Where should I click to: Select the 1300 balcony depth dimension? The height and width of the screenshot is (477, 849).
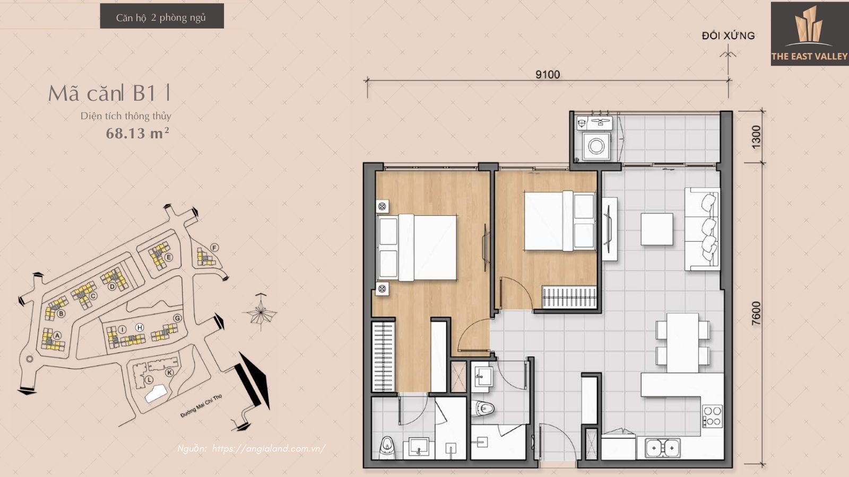point(756,137)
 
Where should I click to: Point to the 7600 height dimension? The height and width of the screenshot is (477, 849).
point(756,313)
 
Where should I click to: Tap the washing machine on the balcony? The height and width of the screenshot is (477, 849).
point(596,146)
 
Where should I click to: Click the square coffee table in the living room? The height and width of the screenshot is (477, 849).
point(657,229)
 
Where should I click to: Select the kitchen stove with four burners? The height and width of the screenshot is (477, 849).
point(712,416)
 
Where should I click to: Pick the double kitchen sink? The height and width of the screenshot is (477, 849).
point(663,448)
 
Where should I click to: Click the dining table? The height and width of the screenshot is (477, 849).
point(682,343)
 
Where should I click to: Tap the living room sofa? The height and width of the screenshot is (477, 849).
point(703,229)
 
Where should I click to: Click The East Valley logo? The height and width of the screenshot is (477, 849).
point(810,33)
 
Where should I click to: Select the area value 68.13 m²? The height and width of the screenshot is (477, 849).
point(137,133)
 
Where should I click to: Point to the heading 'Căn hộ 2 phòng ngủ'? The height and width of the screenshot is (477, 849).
point(161,17)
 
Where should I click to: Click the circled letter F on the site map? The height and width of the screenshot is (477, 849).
point(214,248)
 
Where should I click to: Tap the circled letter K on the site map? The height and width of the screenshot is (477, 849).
point(169,373)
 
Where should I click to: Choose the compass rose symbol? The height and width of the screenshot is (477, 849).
point(261,312)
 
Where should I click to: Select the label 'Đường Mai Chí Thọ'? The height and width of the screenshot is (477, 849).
point(201,406)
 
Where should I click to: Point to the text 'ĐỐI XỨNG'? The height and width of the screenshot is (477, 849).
point(728,36)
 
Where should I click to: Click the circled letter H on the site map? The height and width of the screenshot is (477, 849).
point(140,328)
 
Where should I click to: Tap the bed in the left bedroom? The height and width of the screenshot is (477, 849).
point(417,248)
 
